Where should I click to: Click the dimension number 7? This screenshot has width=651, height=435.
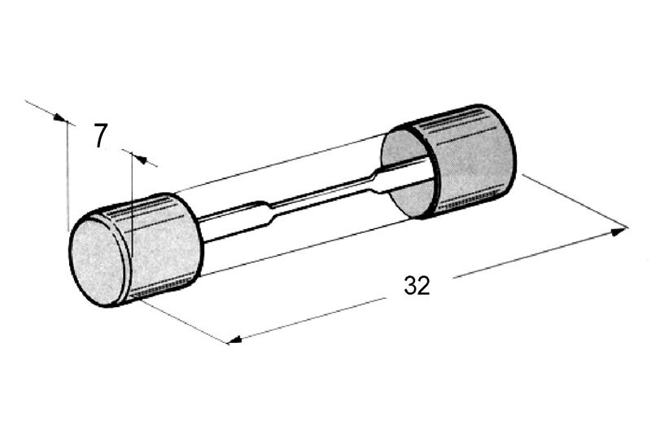coord(100,136)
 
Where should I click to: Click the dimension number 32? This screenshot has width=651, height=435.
coord(417,285)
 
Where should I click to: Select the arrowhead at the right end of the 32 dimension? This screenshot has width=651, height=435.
coord(618,231)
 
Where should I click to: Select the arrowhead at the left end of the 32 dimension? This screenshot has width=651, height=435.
coord(235,340)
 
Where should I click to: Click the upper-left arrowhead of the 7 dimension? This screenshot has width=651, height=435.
coord(60,118)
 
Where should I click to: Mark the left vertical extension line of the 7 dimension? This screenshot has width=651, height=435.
coord(67,176)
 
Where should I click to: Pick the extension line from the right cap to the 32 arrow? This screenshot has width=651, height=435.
coord(575,201)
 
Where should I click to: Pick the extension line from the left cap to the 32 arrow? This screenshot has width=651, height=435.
coord(184,322)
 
